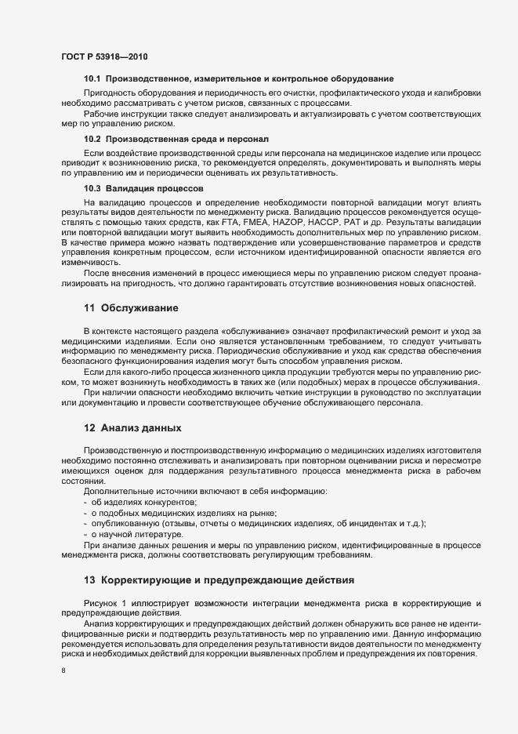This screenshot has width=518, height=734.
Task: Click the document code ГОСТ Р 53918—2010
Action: click(x=103, y=57)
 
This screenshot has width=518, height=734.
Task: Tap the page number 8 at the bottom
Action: click(x=63, y=670)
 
